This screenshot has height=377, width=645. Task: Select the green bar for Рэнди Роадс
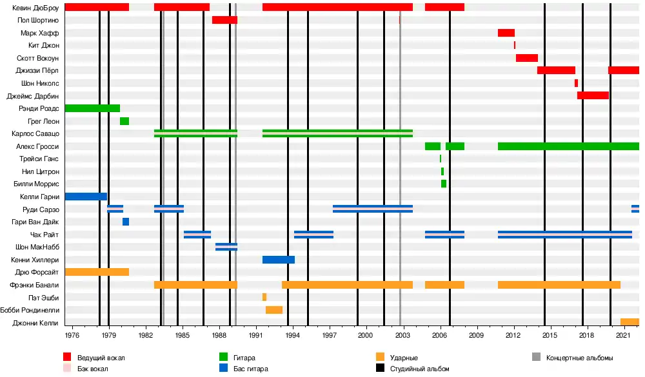[x=92, y=108]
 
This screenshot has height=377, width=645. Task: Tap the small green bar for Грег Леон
[x=124, y=121]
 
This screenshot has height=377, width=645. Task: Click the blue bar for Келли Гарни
[x=86, y=197]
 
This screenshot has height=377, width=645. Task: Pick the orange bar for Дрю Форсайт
[x=97, y=272]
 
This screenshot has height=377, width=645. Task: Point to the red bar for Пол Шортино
[x=224, y=20]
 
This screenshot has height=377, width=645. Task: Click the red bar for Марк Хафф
[x=506, y=33]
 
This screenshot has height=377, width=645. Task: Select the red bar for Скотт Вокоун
[x=527, y=58]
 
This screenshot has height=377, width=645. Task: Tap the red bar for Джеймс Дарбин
[x=593, y=95]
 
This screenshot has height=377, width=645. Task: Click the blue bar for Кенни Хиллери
[x=279, y=260]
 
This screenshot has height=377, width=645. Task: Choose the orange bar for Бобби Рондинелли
[x=274, y=310]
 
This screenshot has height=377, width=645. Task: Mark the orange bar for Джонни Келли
[x=630, y=322]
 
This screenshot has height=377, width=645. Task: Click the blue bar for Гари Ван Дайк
[x=126, y=222]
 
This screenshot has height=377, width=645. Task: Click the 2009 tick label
[x=476, y=336]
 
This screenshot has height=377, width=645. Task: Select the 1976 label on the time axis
[x=72, y=336]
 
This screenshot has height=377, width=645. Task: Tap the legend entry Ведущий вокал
[x=101, y=358]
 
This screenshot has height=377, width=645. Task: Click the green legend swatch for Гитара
[x=224, y=357]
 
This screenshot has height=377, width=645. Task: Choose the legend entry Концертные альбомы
[x=579, y=358]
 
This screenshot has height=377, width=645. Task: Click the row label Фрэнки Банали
[x=35, y=285]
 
